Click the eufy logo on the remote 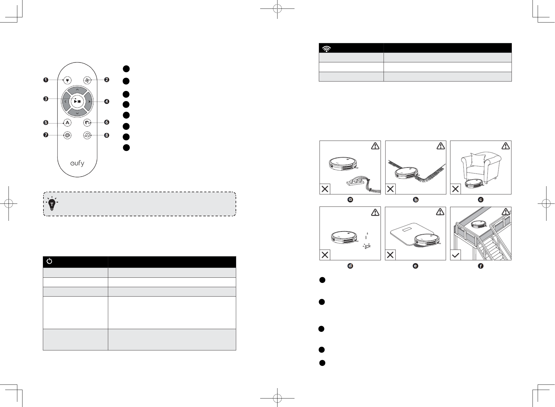tap(77, 163)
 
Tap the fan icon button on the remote tap(87, 80)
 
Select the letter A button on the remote tap(67, 123)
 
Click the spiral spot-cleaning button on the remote tap(67, 135)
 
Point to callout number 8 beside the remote tap(107, 135)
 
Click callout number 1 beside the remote tap(46, 80)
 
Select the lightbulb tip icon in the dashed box tap(52, 204)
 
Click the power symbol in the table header tap(50, 261)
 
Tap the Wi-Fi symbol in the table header tap(326, 49)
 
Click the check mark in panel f tap(455, 255)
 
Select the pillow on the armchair tap(476, 159)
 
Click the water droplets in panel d tap(366, 236)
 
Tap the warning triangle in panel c tap(505, 146)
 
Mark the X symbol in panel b tap(391, 189)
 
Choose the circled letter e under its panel tap(415, 266)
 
